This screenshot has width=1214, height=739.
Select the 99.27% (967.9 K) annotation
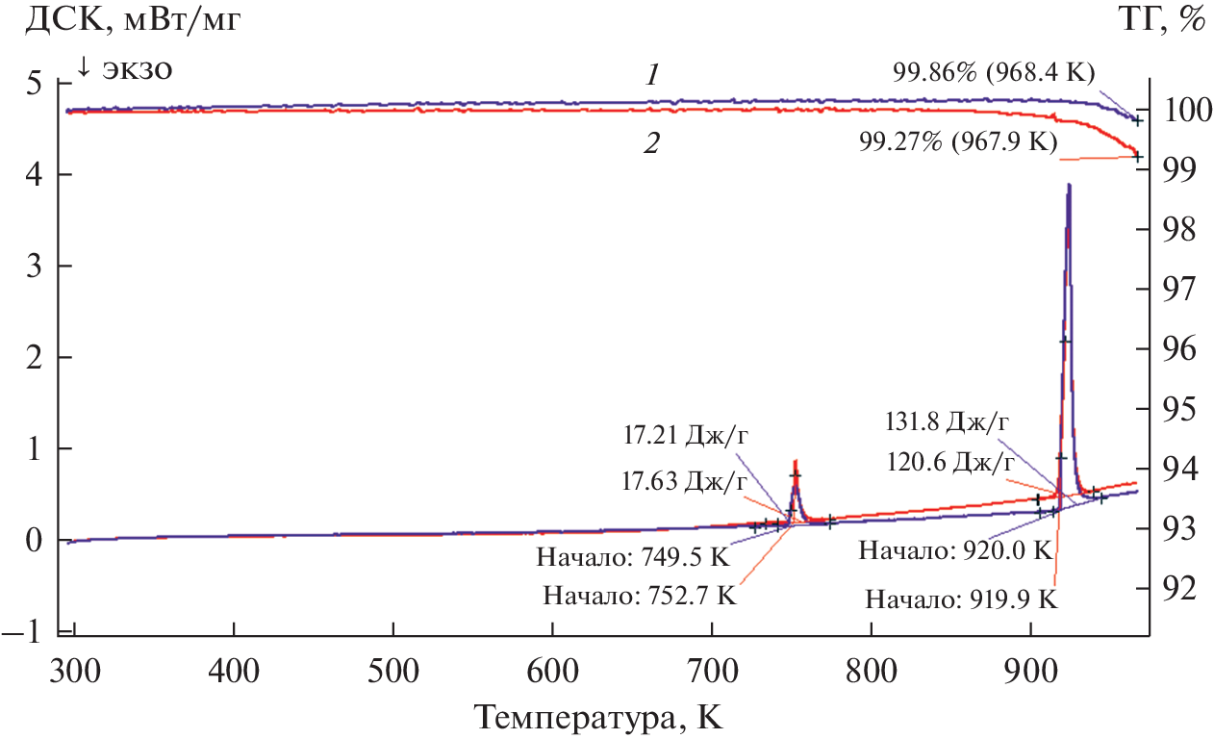[958, 142]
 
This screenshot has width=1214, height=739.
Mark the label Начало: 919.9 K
[961, 599]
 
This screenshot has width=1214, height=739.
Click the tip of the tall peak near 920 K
[1069, 184]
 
